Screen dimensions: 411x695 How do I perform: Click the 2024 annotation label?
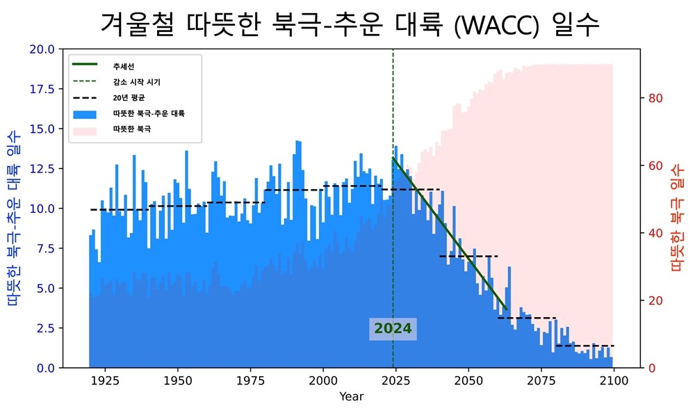(x=393, y=329)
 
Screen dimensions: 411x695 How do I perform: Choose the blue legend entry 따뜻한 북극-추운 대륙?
(x=148, y=113)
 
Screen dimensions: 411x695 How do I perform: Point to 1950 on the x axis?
(x=177, y=381)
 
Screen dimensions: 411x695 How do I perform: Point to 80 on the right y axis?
(x=656, y=98)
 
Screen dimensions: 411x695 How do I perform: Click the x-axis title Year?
(x=351, y=396)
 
